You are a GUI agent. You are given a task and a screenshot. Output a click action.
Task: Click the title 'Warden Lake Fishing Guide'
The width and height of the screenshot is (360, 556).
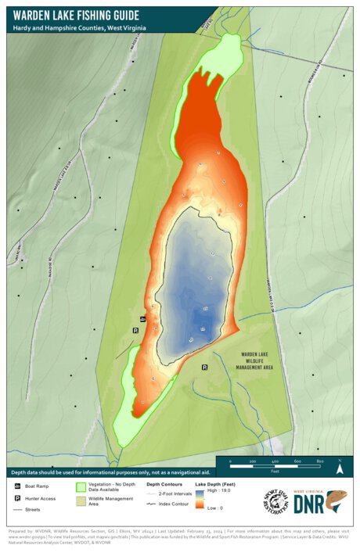(76, 15)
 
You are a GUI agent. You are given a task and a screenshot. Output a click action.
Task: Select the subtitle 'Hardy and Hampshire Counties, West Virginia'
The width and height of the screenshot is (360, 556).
(79, 27)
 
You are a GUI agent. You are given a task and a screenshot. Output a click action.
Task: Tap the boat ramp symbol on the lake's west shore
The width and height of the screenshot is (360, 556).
(142, 319)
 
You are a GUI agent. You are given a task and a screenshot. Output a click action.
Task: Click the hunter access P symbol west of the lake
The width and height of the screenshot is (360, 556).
(135, 331)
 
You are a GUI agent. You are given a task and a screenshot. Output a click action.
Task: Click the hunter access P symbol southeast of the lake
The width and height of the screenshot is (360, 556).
(205, 367)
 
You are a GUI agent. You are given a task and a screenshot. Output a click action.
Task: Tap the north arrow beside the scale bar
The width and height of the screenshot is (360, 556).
(339, 468)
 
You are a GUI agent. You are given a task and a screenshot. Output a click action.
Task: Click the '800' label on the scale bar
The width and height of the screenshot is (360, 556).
(320, 462)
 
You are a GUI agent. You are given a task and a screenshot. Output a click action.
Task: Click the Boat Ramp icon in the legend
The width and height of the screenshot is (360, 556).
(17, 486)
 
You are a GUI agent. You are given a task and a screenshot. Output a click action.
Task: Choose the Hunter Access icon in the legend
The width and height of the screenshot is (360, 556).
(17, 498)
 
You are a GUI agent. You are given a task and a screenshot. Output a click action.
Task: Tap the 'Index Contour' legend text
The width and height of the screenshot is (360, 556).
(174, 504)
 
